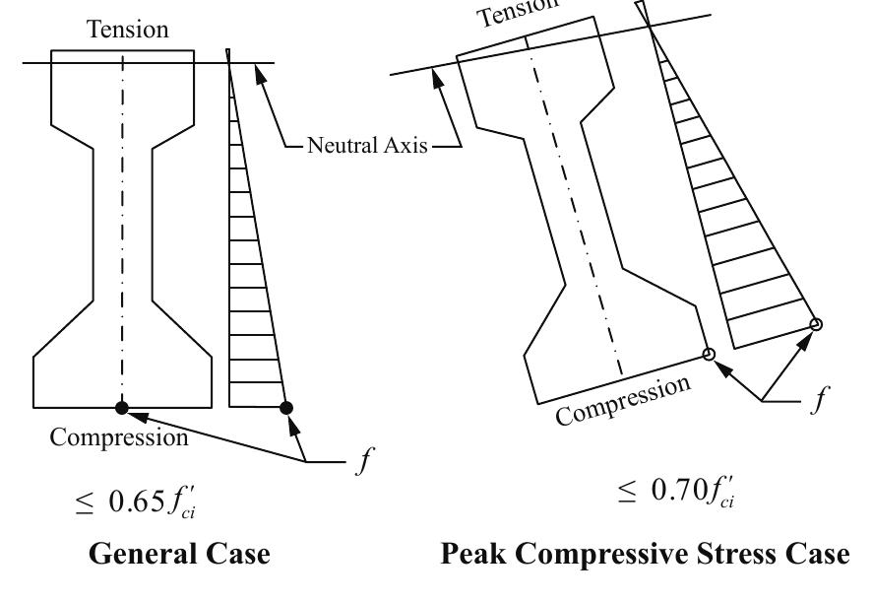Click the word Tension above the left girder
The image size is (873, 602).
(127, 31)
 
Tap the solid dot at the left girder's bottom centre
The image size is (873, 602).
(122, 407)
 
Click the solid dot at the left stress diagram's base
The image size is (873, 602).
(286, 407)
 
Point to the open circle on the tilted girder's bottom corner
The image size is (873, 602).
(708, 354)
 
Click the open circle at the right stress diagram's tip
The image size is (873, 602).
(815, 324)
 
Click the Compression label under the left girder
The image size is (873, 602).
(120, 437)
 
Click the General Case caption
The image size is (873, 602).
(179, 555)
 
